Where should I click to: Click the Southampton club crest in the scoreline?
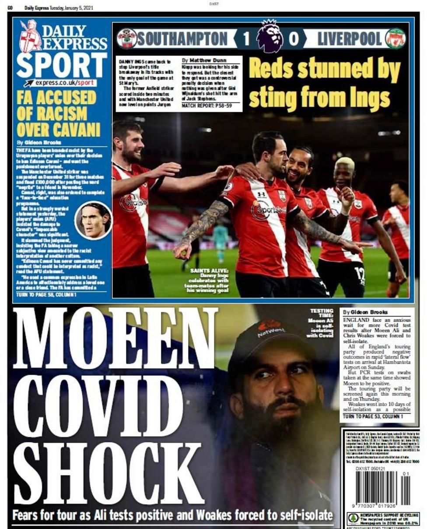[x=127, y=39]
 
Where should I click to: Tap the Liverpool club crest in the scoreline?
[x=395, y=39]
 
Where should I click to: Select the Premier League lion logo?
[x=269, y=37]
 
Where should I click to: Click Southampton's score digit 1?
[x=246, y=39]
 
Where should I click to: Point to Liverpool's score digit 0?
[x=294, y=39]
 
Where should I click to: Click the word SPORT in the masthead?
[x=61, y=65]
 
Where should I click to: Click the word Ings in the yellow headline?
[x=367, y=98]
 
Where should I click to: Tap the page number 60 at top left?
[x=10, y=7]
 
